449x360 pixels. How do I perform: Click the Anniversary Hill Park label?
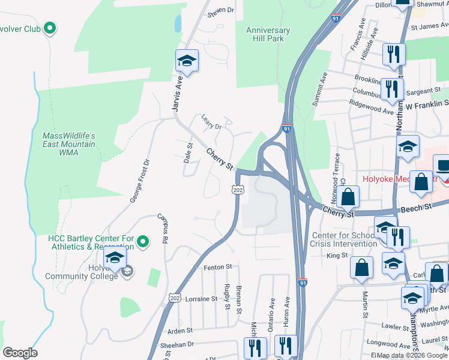pos(268,35)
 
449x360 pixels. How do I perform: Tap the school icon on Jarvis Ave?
pos(187,61)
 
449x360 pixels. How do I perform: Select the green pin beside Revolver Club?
pos(50,28)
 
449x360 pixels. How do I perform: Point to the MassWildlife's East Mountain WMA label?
pos(69,144)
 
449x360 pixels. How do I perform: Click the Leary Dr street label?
pos(211,122)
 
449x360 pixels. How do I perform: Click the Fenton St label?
pos(217,266)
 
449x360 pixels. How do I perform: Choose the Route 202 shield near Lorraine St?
pos(175,298)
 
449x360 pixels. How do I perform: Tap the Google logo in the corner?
pos(19,352)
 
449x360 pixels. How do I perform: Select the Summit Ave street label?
pos(319,89)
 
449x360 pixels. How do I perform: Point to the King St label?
pos(337,255)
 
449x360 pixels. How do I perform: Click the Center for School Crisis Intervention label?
pos(343,239)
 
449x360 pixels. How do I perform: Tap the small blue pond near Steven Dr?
pos(178,24)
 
